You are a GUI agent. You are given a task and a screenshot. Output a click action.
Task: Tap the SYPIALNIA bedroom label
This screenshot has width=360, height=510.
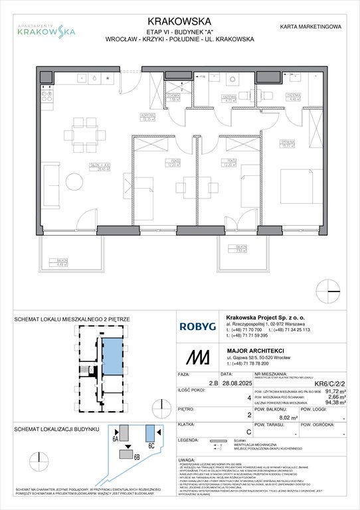pos(306,143)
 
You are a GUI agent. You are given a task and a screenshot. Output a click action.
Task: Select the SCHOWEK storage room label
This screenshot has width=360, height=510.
pos(174,98)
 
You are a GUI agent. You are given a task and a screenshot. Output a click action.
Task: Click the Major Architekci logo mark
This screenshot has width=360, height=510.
pos(194,357)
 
